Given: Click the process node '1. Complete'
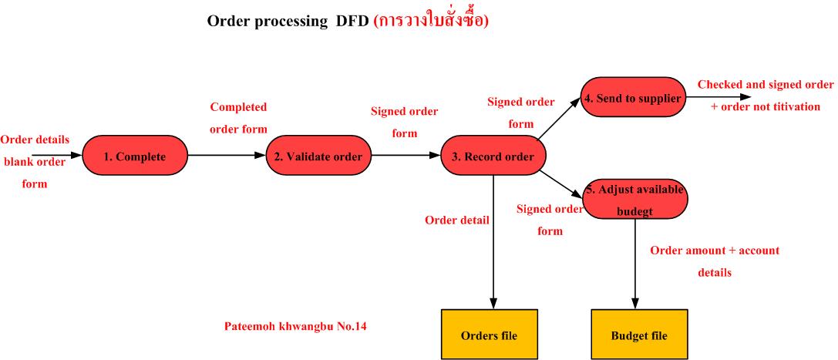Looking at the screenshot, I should tap(135, 156).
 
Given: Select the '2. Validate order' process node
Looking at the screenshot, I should tap(318, 156).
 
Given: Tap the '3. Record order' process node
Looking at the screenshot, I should tap(493, 157).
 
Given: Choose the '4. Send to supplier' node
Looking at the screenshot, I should tap(633, 97).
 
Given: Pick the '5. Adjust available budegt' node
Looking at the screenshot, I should tap(634, 197).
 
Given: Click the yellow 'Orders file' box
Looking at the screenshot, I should tap(489, 335).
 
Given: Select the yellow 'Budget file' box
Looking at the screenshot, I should tap(638, 335).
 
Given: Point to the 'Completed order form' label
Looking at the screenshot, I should tap(238, 118).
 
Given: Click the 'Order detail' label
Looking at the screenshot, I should tap(457, 220).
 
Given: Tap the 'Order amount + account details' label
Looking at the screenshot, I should tap(715, 261).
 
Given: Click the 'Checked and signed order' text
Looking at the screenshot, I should tap(766, 85).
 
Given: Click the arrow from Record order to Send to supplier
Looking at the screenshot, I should tap(560, 122).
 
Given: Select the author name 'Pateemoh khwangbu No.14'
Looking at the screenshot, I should tap(294, 326).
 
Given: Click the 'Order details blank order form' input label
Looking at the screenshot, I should tap(35, 162).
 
